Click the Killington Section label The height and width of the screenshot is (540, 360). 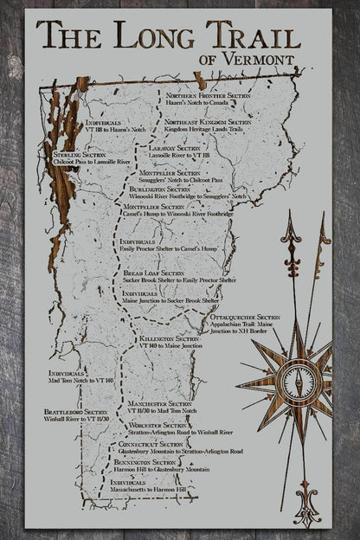(x=162, y=338)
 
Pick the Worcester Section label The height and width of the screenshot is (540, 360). (x=156, y=426)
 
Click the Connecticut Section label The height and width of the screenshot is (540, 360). (x=153, y=444)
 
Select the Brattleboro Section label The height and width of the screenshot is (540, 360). (x=77, y=412)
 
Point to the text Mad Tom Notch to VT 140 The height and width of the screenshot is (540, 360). (x=81, y=382)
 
